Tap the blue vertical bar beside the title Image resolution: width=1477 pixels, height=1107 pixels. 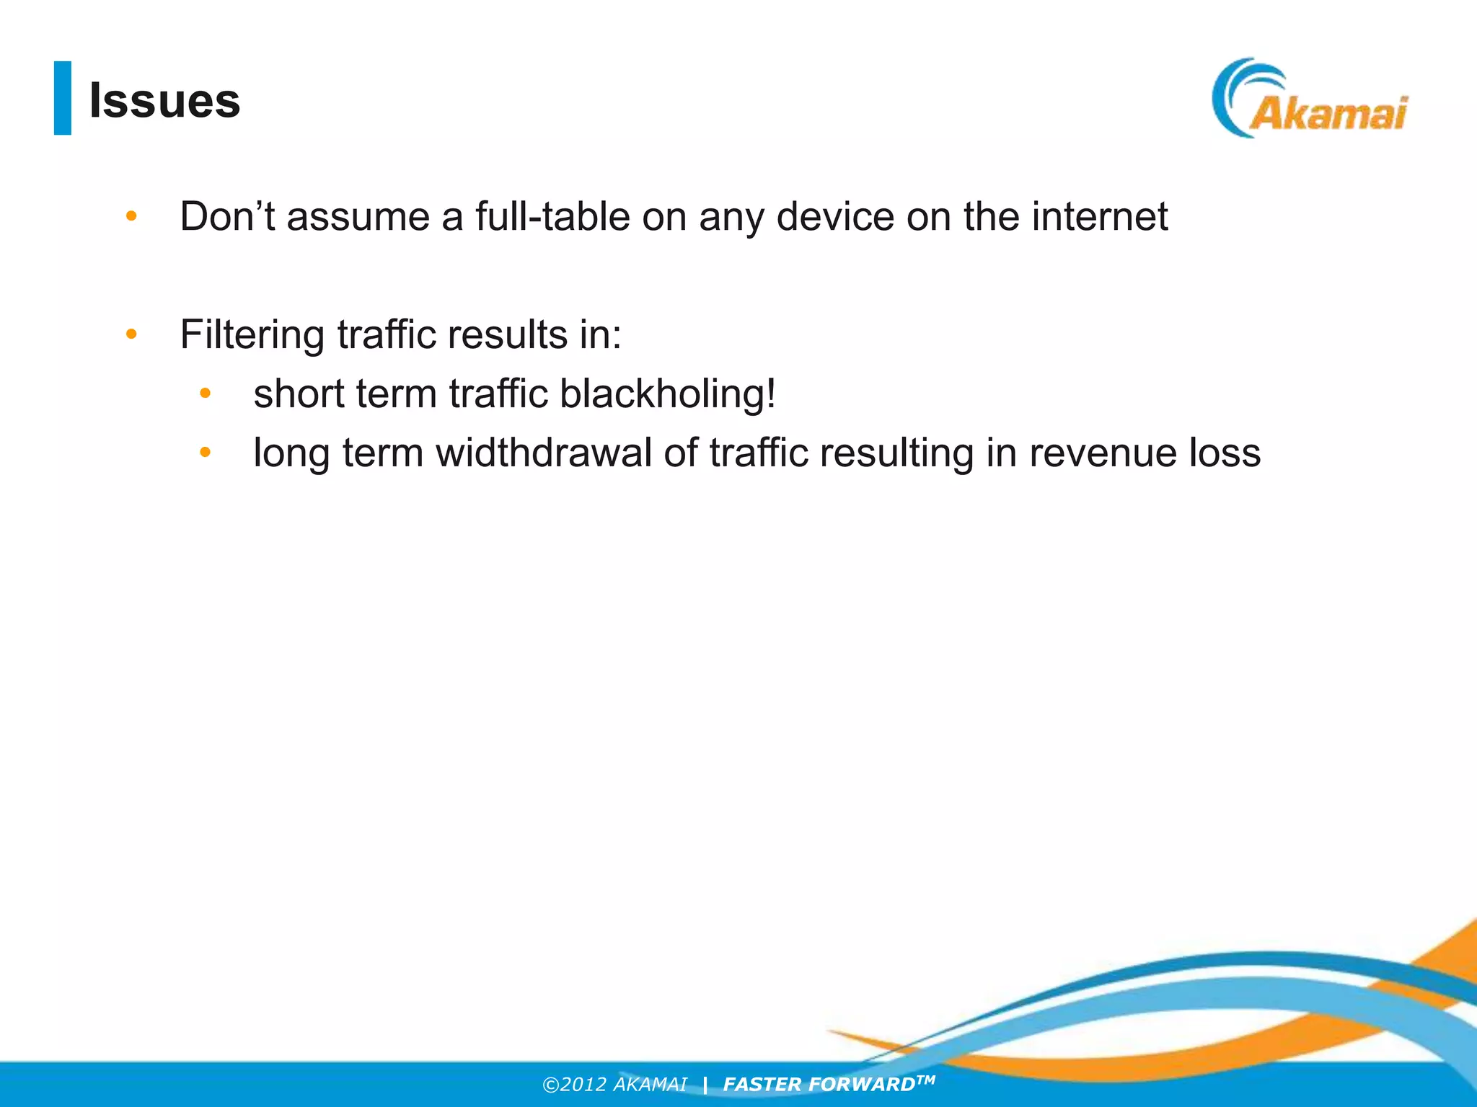click(63, 98)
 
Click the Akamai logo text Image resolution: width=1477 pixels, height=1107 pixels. click(1328, 114)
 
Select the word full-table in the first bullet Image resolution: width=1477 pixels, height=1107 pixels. click(552, 216)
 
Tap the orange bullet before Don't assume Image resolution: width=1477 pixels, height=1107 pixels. click(131, 216)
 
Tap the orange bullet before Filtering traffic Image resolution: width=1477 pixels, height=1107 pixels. click(131, 334)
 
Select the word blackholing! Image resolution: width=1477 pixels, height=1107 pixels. click(668, 394)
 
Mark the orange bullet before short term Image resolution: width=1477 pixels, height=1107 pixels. click(206, 394)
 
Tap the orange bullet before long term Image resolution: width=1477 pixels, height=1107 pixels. click(206, 453)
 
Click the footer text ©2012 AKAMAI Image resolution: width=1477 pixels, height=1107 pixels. click(614, 1085)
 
